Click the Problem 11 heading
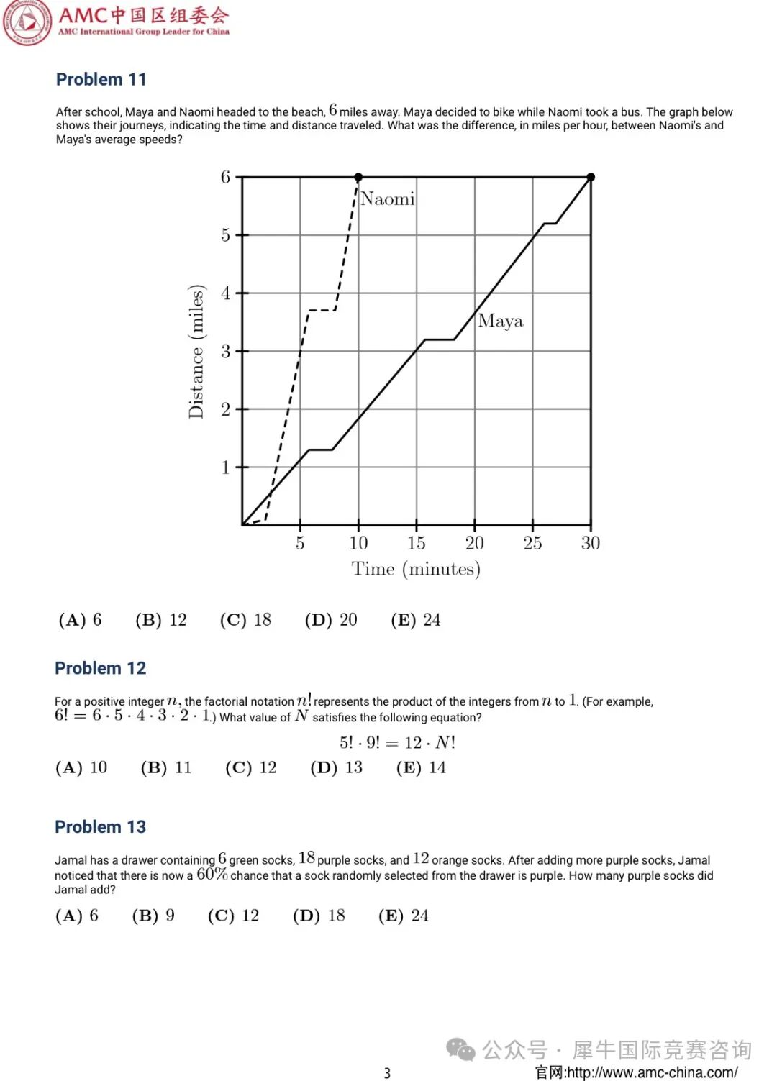(101, 79)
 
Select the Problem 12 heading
(100, 668)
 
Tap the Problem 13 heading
(100, 827)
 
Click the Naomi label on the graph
(387, 199)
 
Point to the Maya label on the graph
(500, 321)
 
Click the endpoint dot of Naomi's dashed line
(358, 177)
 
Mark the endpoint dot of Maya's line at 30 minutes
(591, 177)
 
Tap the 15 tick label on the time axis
(416, 543)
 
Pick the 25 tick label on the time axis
(532, 543)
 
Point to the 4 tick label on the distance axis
(225, 293)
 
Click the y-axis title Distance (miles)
(196, 351)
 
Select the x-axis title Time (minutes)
(416, 569)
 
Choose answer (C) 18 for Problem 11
(245, 620)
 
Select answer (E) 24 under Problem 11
(416, 620)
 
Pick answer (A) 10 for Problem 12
(81, 767)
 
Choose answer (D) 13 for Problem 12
(337, 767)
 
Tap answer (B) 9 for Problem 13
(153, 916)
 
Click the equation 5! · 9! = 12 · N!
(397, 742)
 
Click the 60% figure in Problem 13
(212, 875)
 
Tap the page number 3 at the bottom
(387, 1073)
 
